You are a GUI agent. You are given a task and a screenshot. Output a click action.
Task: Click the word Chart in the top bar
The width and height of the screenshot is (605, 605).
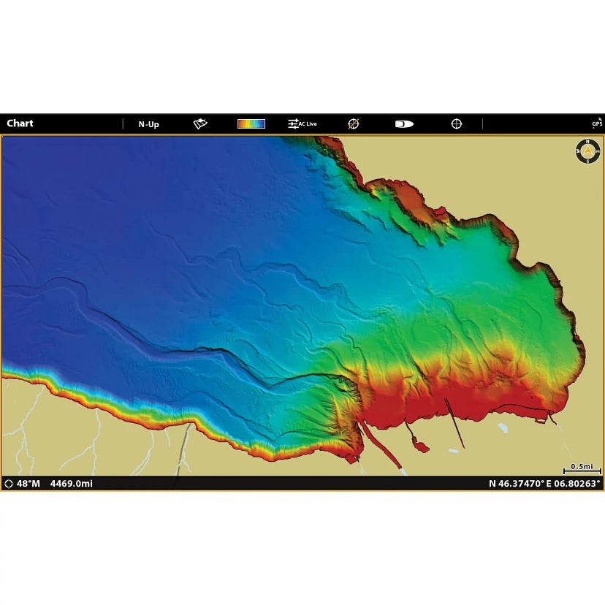[20, 123]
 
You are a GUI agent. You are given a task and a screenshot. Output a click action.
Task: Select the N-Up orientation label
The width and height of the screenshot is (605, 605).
[148, 124]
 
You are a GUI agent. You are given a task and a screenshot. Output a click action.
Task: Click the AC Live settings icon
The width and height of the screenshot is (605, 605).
[302, 124]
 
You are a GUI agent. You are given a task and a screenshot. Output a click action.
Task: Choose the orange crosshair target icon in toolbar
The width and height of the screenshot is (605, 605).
[354, 124]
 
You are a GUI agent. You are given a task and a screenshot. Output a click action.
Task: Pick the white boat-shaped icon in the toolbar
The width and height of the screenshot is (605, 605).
[404, 124]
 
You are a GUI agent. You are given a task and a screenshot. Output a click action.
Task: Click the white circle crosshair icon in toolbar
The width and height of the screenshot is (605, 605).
[457, 124]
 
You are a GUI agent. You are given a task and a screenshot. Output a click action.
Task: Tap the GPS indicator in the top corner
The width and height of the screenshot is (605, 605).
[597, 123]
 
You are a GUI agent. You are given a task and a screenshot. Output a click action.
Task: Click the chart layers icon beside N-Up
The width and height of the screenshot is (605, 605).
[200, 124]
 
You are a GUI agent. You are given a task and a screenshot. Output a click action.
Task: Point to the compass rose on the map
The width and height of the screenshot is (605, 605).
[587, 151]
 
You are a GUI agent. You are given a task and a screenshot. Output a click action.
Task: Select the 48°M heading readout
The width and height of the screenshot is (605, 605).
[28, 484]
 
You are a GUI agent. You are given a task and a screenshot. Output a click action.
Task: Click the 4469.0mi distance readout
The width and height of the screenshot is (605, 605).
[72, 484]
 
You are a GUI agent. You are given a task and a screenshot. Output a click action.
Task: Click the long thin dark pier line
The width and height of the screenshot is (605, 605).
[454, 423]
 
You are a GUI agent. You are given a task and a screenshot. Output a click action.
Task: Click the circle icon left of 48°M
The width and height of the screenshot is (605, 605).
[9, 484]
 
